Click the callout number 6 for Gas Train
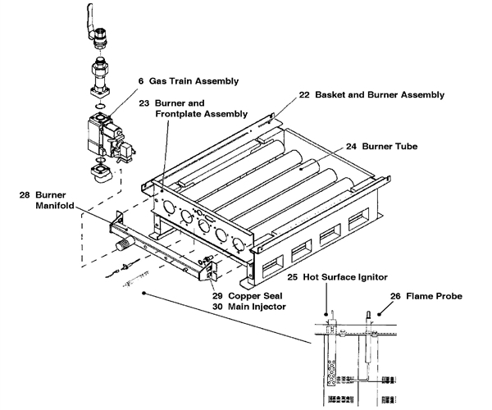pyautogui.click(x=140, y=81)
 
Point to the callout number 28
pyautogui.click(x=25, y=195)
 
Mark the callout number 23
pyautogui.click(x=144, y=103)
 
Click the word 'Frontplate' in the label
pyautogui.click(x=183, y=116)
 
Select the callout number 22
pyautogui.click(x=304, y=95)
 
